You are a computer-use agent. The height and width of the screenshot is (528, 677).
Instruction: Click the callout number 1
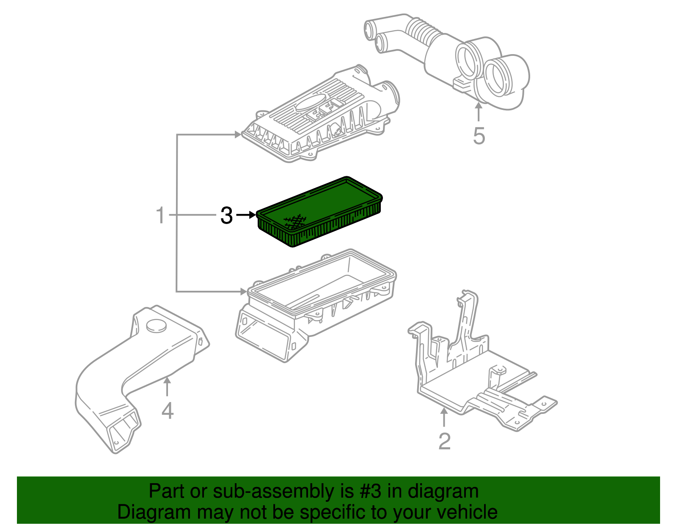coord(160,215)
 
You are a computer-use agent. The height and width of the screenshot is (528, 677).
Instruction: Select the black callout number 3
coord(226,216)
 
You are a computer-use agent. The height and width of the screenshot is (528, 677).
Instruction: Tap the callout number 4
coord(168,410)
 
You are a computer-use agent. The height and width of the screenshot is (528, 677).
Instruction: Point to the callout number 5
coord(479,136)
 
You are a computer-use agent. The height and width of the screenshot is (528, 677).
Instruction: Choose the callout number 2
coord(444,441)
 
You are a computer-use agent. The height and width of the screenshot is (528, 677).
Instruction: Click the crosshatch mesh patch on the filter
coord(295,221)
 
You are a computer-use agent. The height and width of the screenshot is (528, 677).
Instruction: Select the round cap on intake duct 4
coord(156,326)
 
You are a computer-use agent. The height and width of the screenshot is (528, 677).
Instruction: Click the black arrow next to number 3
coord(246,215)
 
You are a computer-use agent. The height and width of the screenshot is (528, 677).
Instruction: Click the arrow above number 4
coord(168,386)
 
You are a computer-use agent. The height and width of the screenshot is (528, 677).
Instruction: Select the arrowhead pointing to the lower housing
coord(243,291)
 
